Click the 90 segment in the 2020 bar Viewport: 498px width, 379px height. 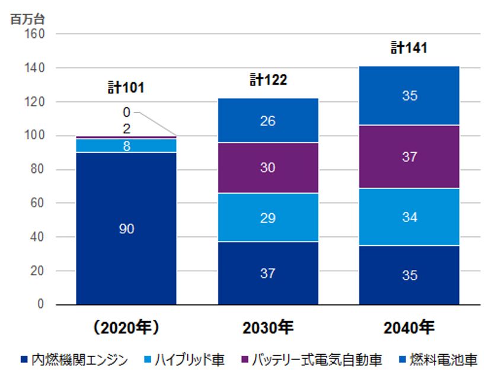(126, 229)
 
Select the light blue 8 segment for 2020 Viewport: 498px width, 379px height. (126, 146)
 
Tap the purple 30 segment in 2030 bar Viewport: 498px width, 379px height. (268, 168)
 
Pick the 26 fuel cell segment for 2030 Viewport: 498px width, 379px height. (268, 121)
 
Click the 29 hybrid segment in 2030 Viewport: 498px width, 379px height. (268, 218)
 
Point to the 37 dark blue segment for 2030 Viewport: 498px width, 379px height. (268, 273)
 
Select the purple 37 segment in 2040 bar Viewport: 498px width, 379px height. (410, 157)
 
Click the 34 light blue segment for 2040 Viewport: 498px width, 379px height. (410, 217)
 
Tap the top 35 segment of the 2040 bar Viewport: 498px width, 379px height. (410, 95)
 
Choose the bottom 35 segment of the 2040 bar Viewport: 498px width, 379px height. (410, 275)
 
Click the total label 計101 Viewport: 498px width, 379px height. (126, 88)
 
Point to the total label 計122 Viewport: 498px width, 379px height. (268, 80)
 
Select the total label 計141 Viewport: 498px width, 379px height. (409, 48)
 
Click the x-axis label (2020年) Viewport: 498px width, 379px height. (126, 327)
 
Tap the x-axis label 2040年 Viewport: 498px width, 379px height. (410, 327)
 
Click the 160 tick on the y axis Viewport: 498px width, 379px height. (34, 34)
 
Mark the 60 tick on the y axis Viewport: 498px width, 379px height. (37, 203)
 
